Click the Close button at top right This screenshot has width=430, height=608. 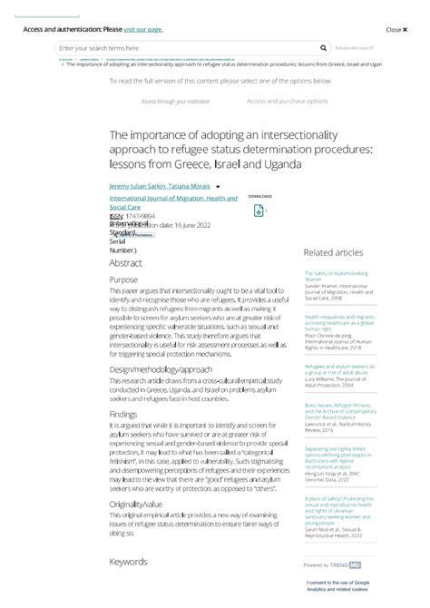(393, 29)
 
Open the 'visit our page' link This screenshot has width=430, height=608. (143, 29)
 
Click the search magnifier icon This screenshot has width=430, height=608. (324, 48)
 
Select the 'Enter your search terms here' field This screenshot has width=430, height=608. (181, 48)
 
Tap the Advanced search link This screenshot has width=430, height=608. (354, 48)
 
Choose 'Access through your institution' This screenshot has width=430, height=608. (175, 102)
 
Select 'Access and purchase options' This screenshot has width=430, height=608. (287, 102)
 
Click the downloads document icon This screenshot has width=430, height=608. (259, 211)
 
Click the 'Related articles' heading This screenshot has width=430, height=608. (333, 252)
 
